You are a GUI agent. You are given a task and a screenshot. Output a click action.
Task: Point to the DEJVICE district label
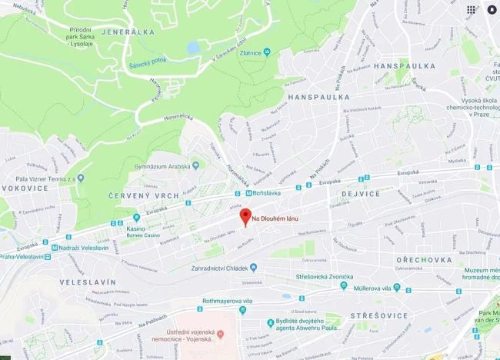click(358, 194)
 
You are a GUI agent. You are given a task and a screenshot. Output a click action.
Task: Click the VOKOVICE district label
click(25, 187)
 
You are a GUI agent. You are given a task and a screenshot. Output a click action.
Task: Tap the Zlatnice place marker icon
click(267, 52)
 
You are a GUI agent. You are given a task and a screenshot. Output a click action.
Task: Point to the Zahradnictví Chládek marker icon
click(253, 267)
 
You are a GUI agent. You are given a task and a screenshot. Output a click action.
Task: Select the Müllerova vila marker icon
click(397, 287)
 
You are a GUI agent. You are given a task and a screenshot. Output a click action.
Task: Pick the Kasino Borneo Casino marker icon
click(136, 218)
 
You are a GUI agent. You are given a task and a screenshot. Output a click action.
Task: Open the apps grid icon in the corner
click(471, 9)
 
